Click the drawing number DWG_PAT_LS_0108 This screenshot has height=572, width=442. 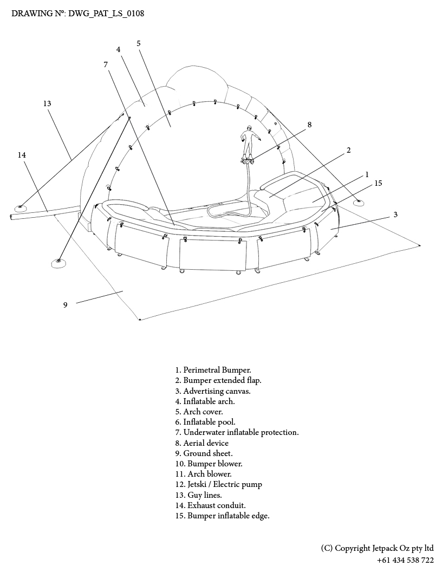coord(78,13)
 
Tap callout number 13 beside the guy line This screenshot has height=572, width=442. coord(47,103)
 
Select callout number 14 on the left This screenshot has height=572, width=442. coord(22,155)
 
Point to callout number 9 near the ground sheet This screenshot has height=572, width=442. coord(65,305)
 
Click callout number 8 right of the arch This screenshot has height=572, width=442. coord(309,125)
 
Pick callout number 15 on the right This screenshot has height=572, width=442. coord(378,183)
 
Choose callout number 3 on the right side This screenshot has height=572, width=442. coord(395,214)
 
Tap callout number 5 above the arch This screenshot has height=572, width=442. coord(139,43)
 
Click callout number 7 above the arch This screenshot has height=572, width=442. coord(106,64)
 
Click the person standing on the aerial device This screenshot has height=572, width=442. coord(248,142)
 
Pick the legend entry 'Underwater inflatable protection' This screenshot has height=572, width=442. coord(237,432)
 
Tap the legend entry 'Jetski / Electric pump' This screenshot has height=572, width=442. coord(218,484)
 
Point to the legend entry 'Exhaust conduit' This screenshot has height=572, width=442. coord(210,505)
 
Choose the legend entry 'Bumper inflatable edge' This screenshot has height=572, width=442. coord(222,516)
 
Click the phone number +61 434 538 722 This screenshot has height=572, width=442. coord(405,560)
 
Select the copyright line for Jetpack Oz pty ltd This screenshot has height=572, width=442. coord(377,548)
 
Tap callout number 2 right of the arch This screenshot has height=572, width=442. coord(348,150)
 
